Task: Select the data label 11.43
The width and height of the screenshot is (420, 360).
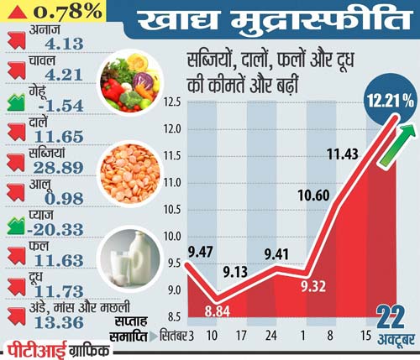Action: pos(344,154)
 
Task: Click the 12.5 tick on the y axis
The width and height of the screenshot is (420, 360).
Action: pos(174,102)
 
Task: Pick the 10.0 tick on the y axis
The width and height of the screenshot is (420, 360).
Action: pos(174,236)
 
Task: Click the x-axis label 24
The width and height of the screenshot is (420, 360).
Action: pos(272,336)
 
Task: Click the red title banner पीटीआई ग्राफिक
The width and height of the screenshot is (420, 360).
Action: pos(55,348)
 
